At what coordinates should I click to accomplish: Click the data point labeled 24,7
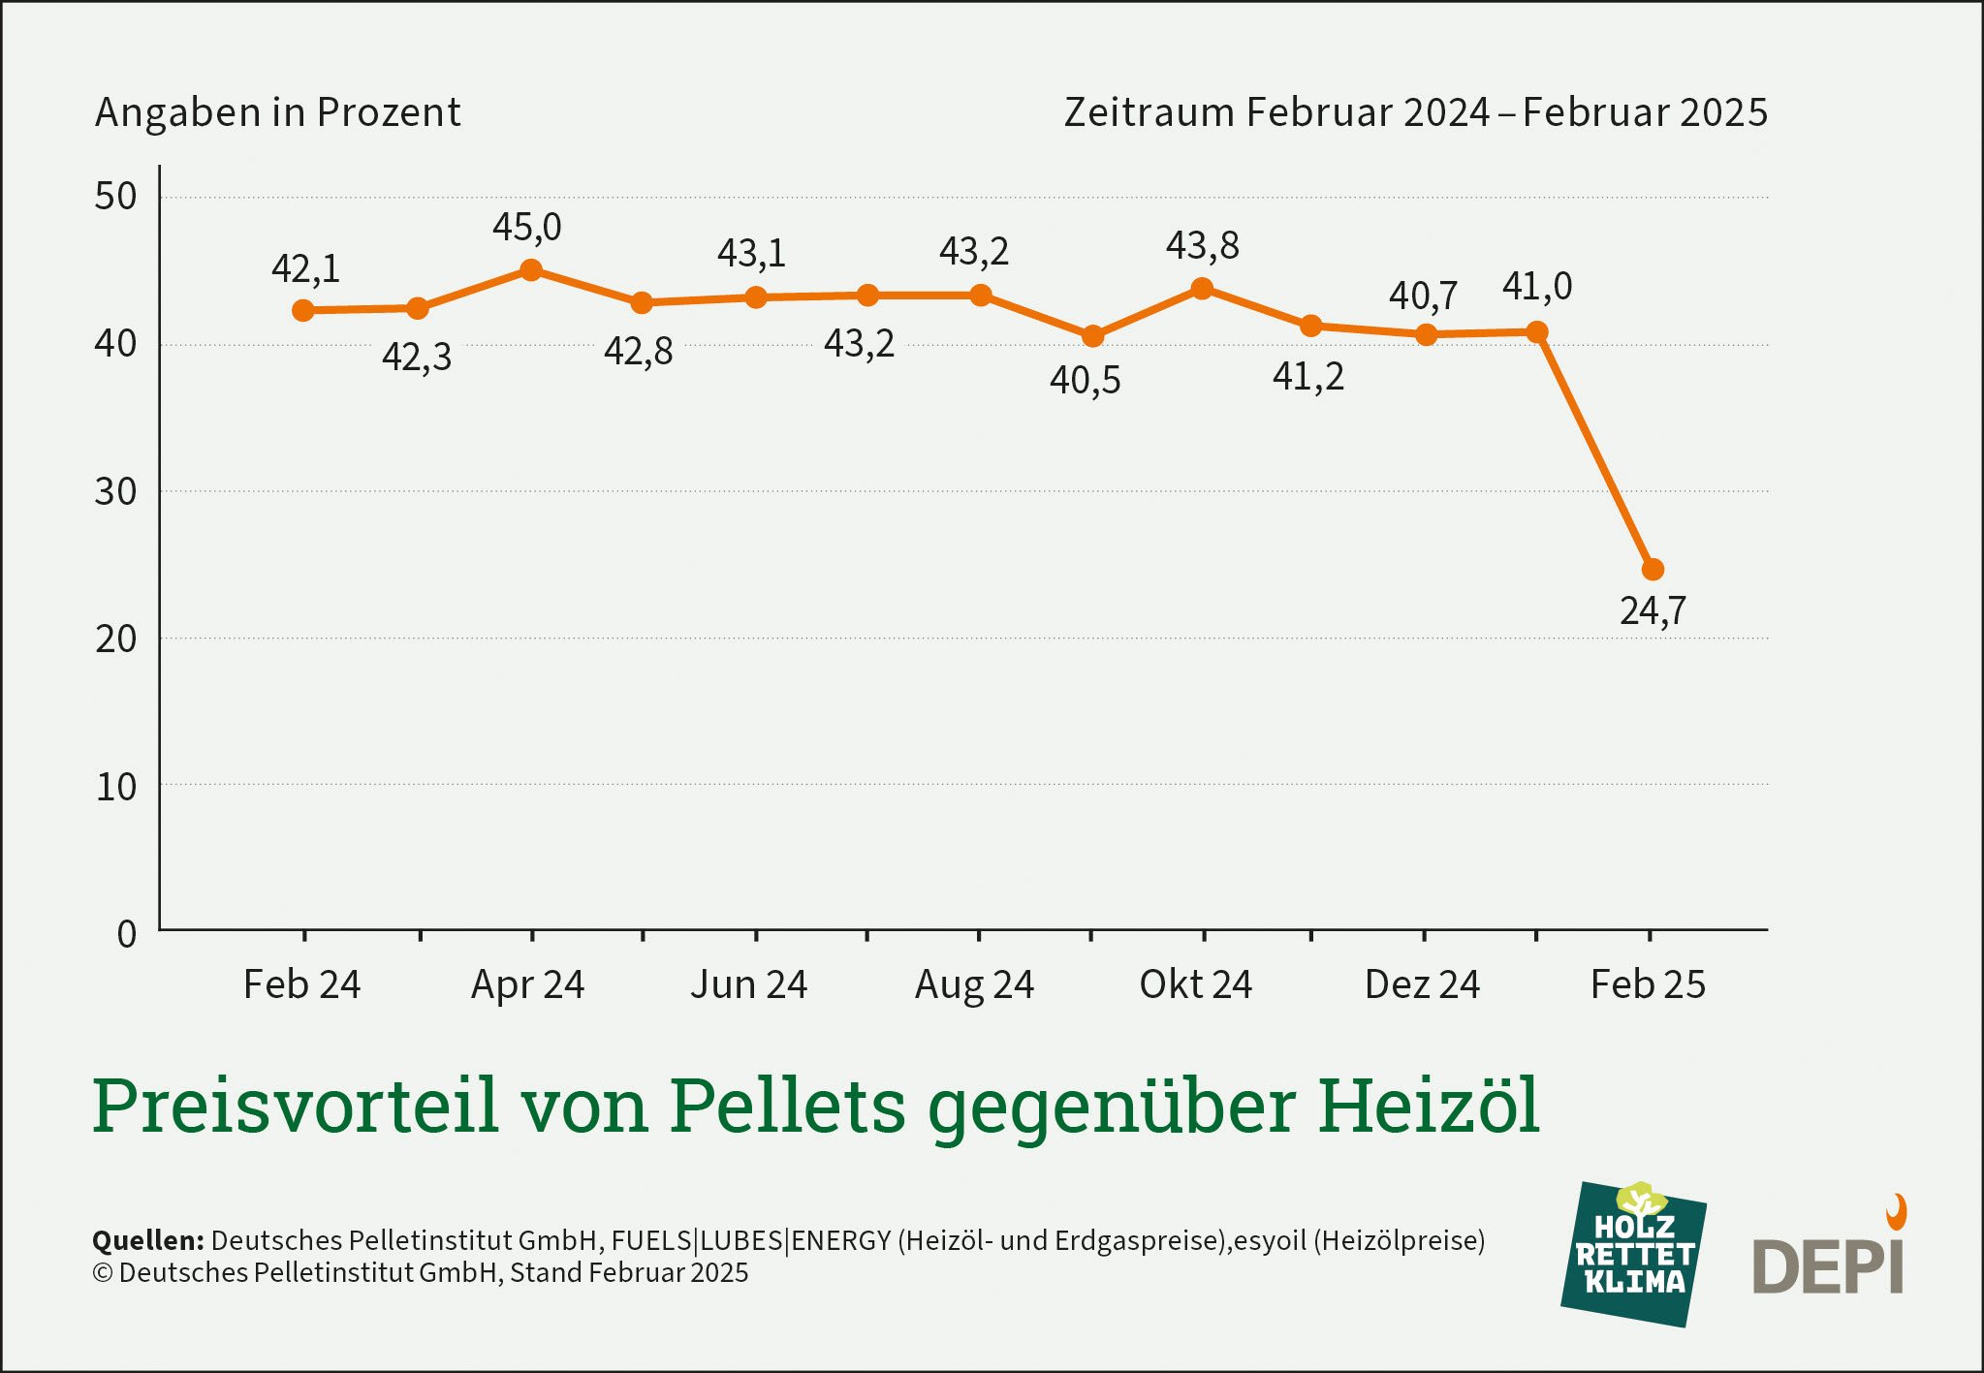(x=1653, y=570)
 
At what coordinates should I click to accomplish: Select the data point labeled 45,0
(x=531, y=270)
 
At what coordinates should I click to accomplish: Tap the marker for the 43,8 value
(x=1202, y=289)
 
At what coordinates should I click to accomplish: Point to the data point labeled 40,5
(x=1092, y=336)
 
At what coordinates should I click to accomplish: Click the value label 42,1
(x=305, y=268)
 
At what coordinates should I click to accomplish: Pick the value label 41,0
(x=1537, y=287)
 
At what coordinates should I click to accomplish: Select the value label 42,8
(x=638, y=351)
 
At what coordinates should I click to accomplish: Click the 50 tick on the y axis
(x=115, y=197)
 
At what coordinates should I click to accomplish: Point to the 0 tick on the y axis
(x=126, y=934)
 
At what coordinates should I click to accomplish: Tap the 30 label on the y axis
(x=115, y=492)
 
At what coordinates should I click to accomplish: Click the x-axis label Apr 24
(x=527, y=984)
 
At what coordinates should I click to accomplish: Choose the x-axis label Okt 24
(x=1195, y=984)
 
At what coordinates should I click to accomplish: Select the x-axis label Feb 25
(x=1648, y=984)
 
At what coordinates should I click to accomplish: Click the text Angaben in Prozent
(x=277, y=112)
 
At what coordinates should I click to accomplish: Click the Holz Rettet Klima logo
(x=1634, y=1254)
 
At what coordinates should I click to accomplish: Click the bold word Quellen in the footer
(x=147, y=1240)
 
